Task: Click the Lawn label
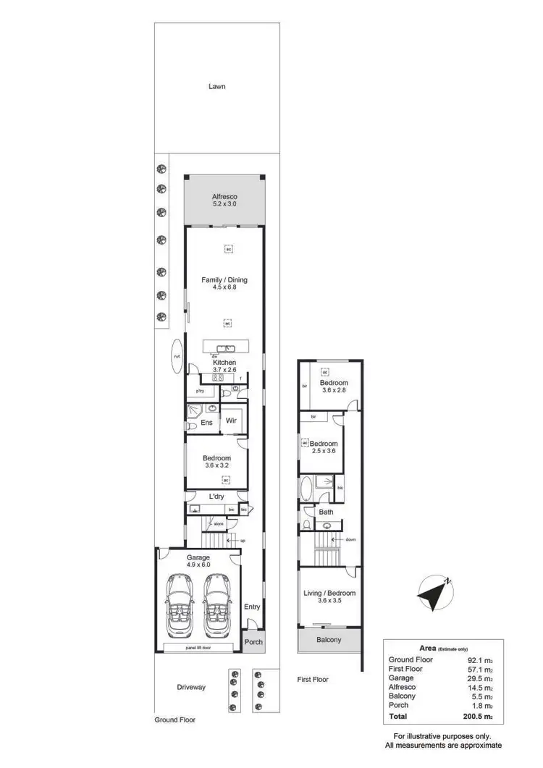click(216, 86)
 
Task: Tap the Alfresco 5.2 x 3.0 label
click(224, 201)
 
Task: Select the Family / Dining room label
click(224, 282)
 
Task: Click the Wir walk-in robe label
click(232, 421)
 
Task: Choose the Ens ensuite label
click(206, 423)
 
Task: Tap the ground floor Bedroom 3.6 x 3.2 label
click(216, 462)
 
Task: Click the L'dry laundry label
click(216, 497)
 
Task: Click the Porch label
click(253, 643)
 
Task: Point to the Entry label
click(252, 607)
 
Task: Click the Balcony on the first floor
click(329, 640)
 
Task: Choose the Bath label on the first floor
click(327, 512)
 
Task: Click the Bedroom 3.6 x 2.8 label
click(334, 387)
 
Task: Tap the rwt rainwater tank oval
click(176, 357)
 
